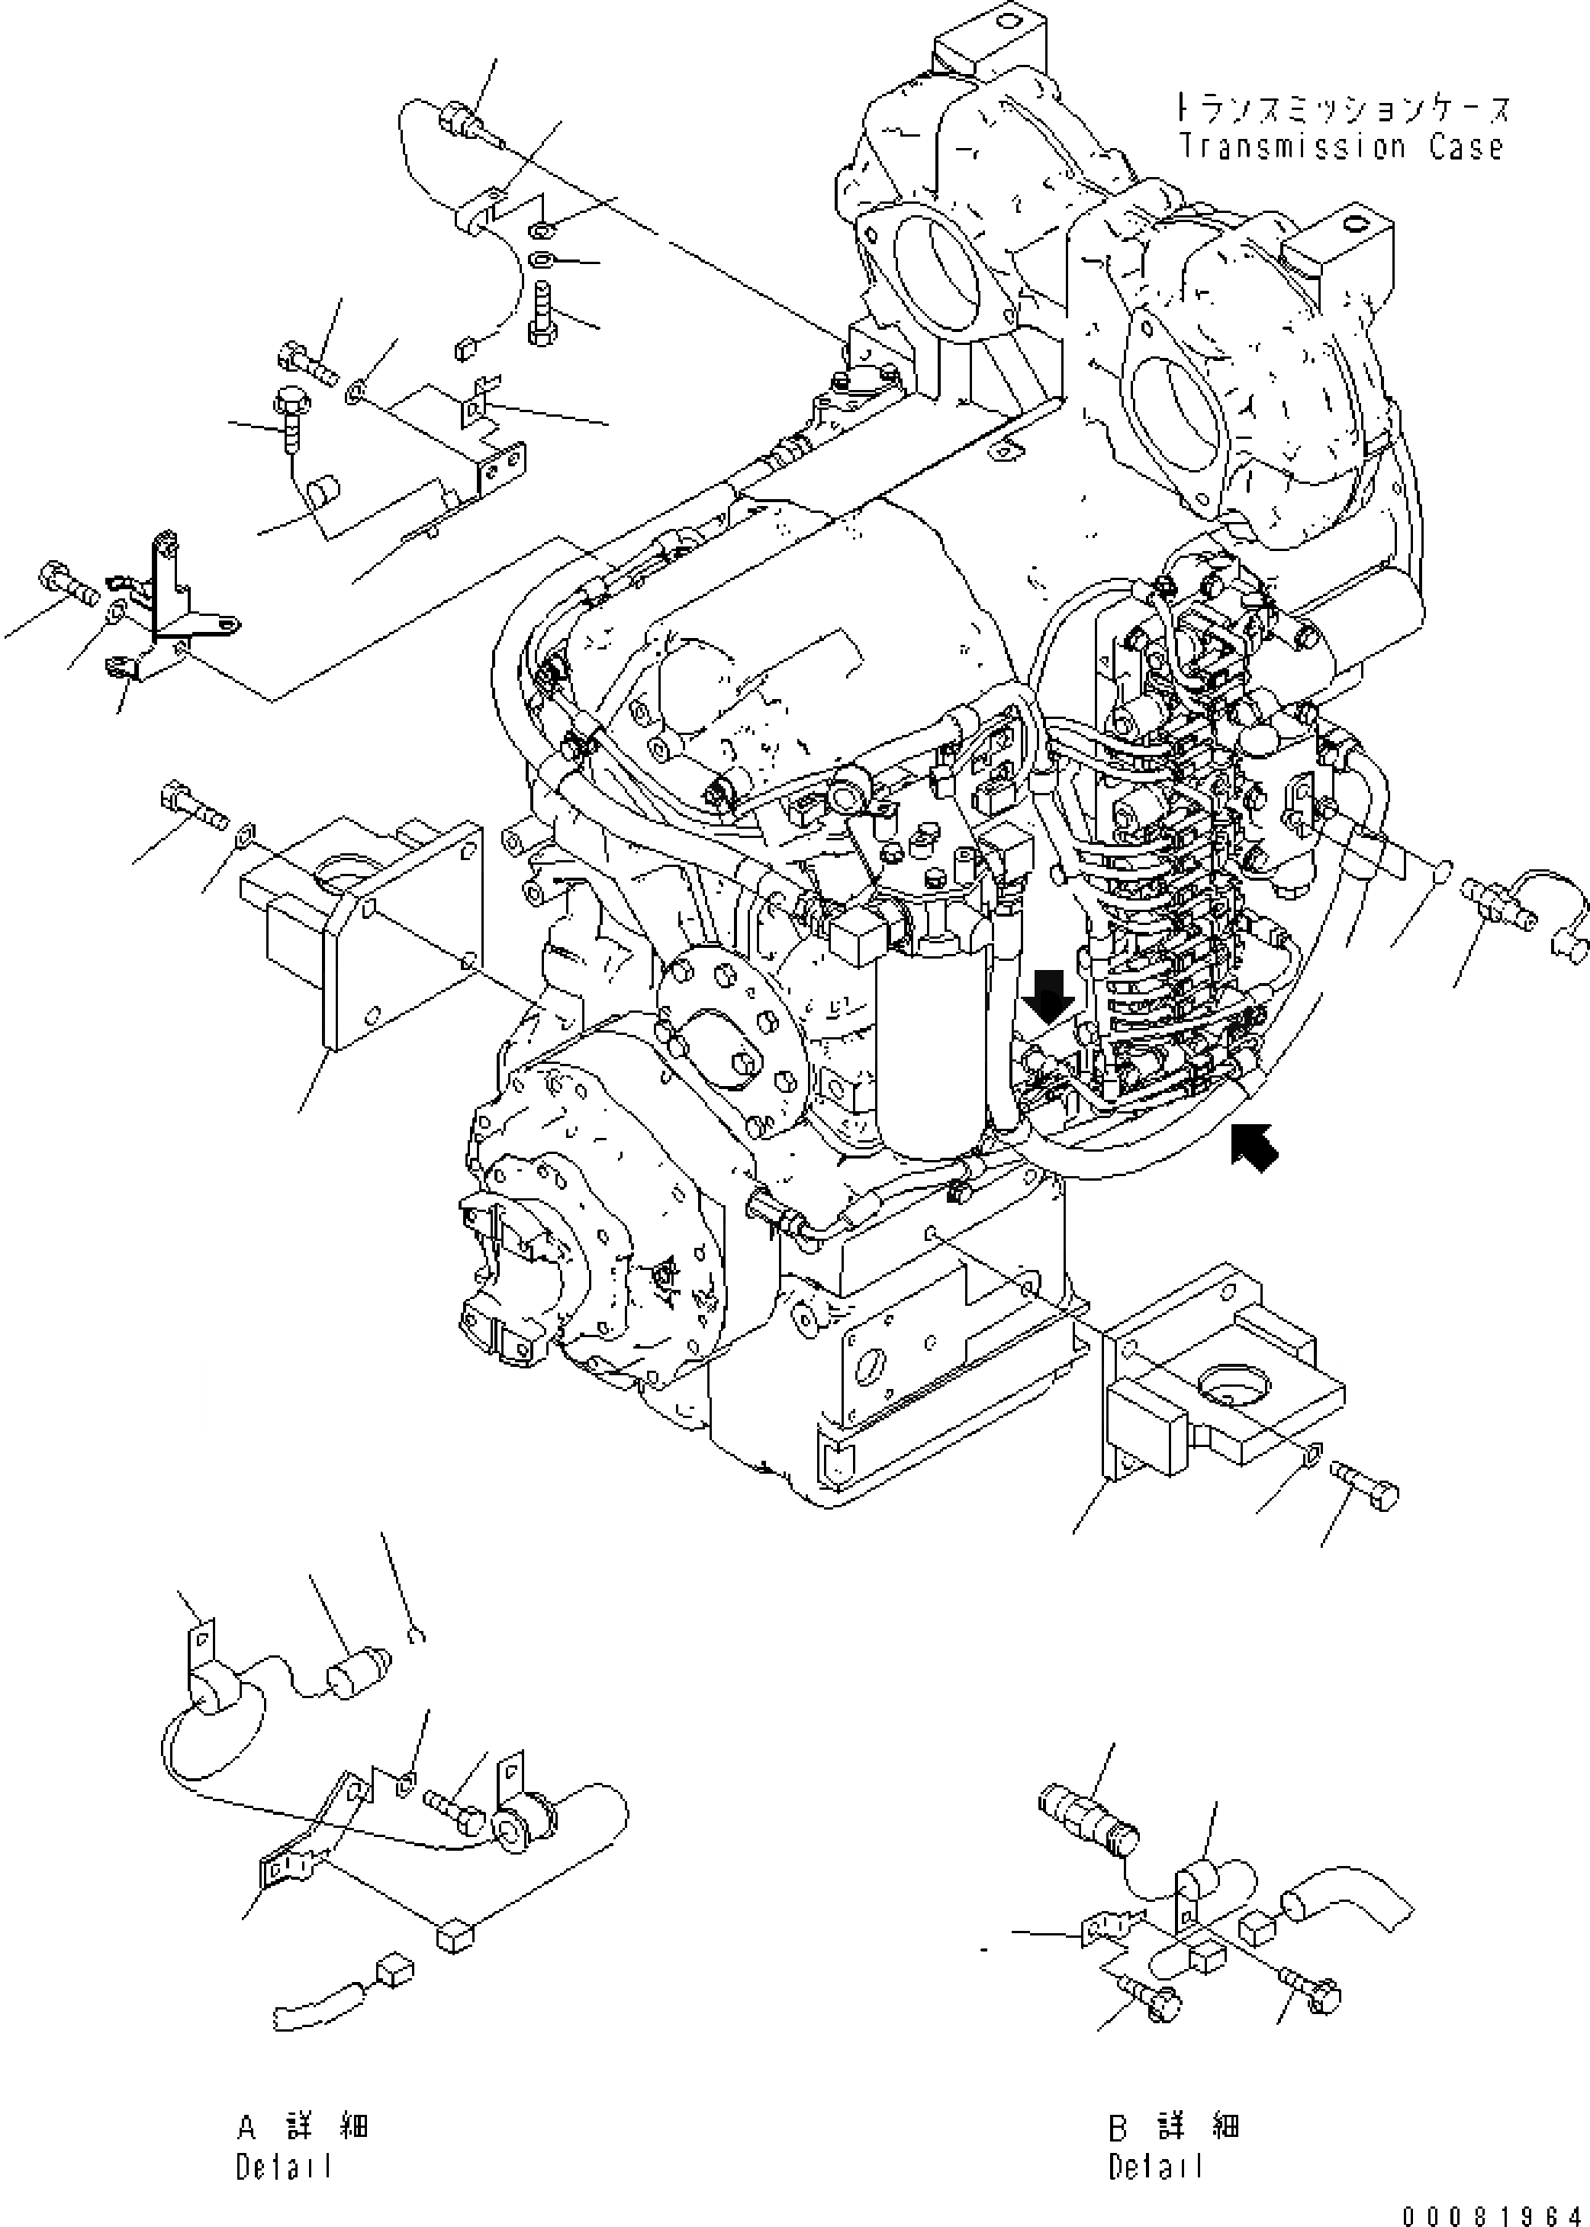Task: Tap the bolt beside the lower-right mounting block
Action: pyautogui.click(x=1365, y=1497)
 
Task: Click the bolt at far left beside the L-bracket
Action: pyautogui.click(x=69, y=584)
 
